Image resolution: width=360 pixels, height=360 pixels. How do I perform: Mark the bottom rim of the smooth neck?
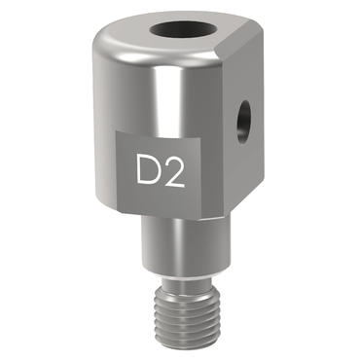186,272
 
